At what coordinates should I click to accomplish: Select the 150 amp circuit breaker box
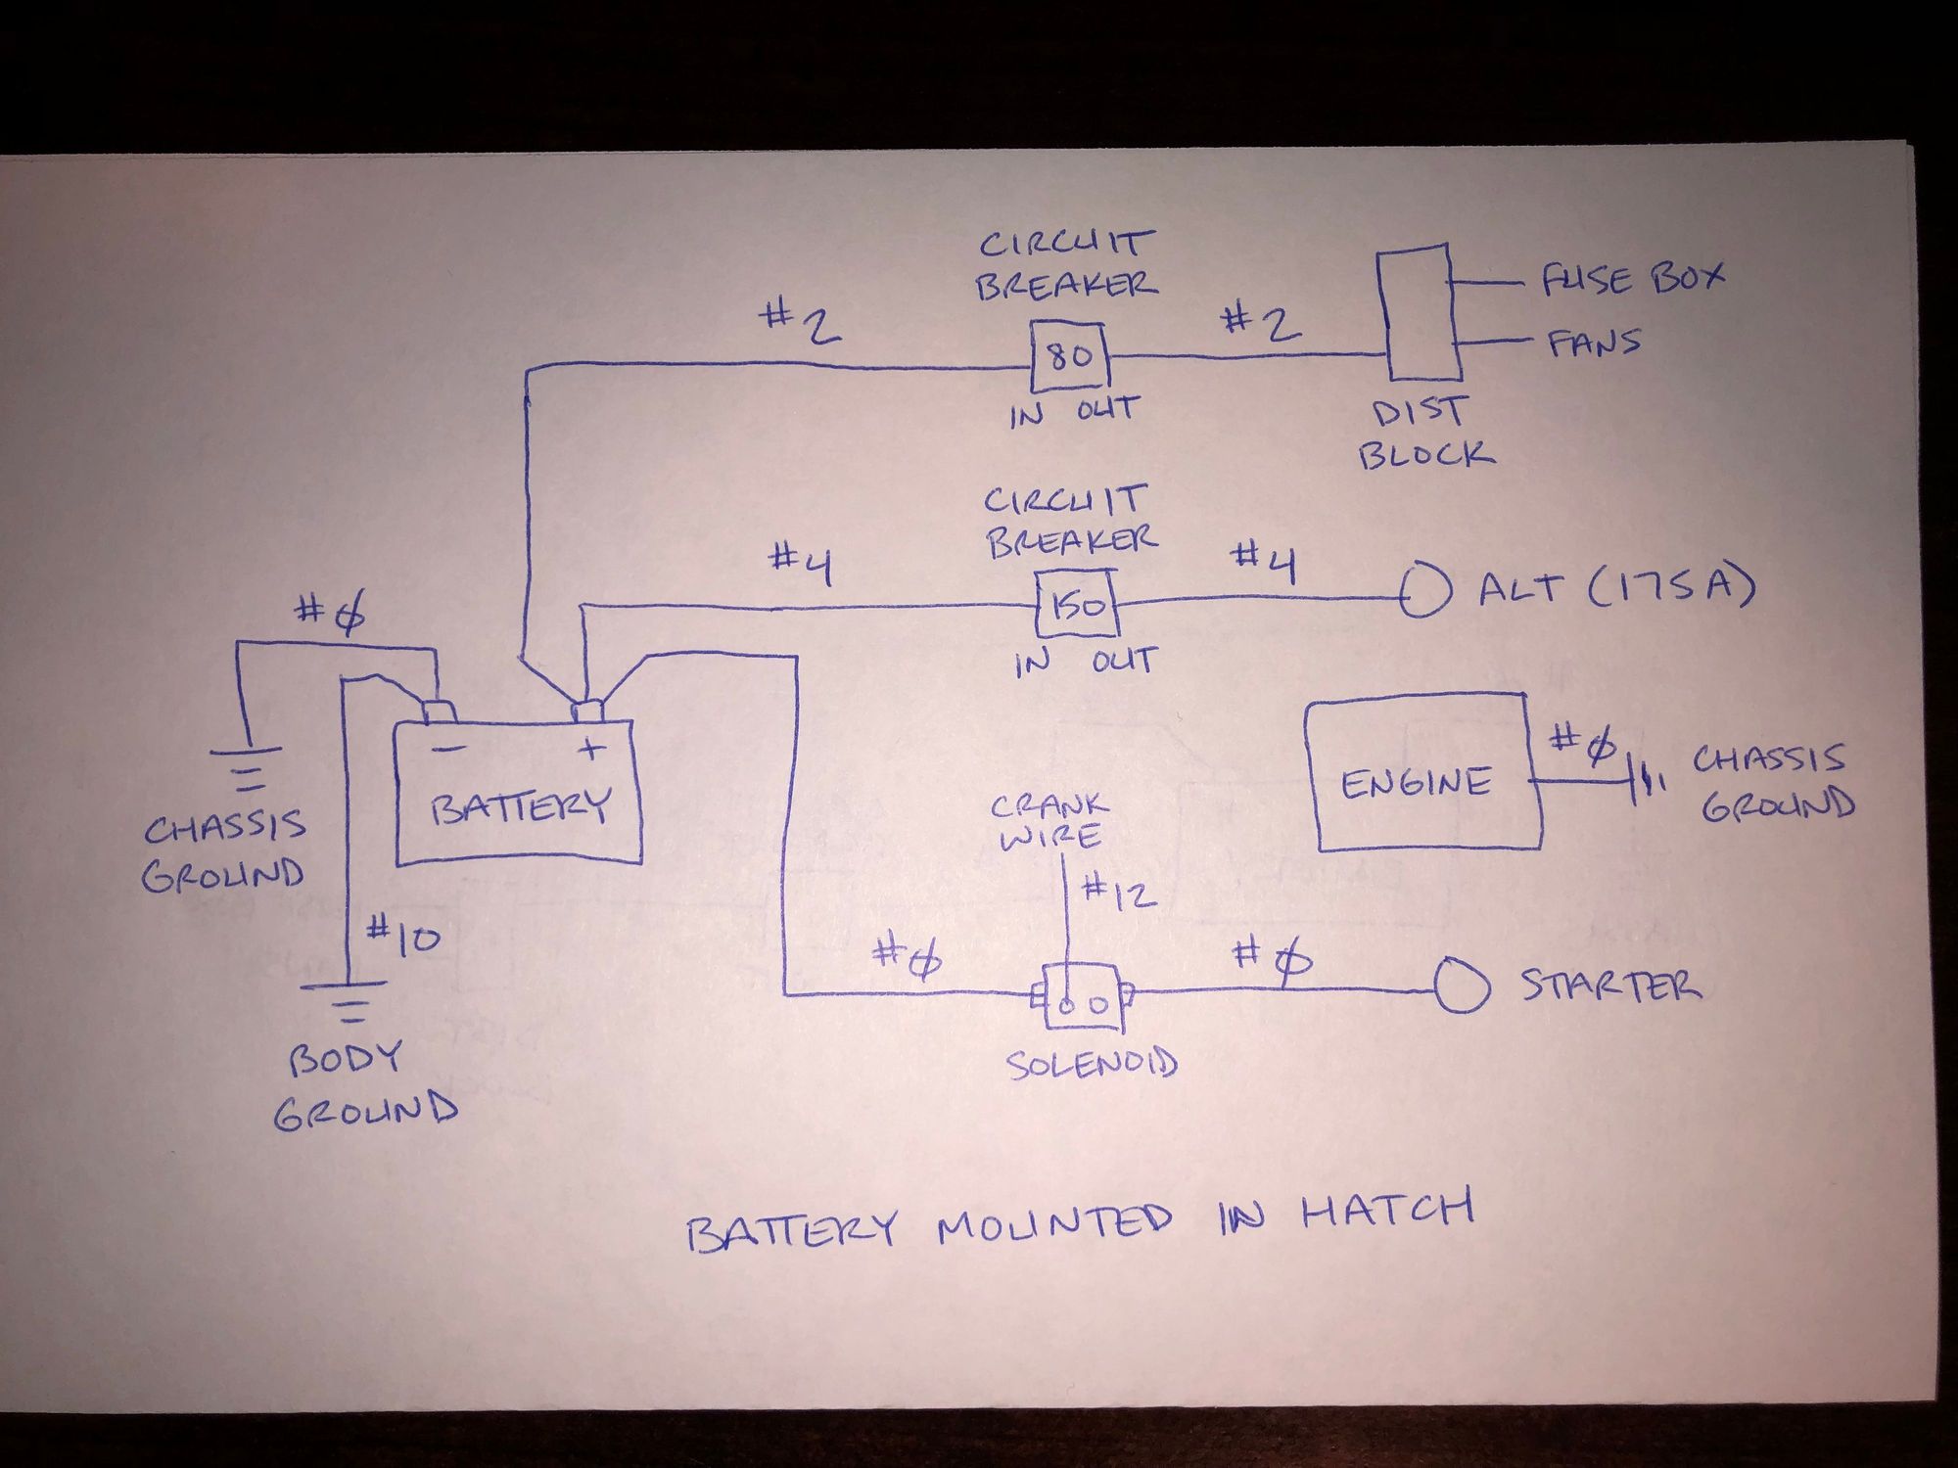pyautogui.click(x=1078, y=606)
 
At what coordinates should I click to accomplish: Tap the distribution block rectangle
pyautogui.click(x=1419, y=312)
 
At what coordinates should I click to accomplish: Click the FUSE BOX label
pyautogui.click(x=1632, y=279)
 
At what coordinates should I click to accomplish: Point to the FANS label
pyautogui.click(x=1594, y=344)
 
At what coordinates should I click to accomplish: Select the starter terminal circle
pyautogui.click(x=1462, y=987)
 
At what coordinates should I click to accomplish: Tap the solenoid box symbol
pyautogui.click(x=1082, y=997)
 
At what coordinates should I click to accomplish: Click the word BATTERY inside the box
pyautogui.click(x=520, y=806)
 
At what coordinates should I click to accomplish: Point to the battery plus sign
pyautogui.click(x=590, y=750)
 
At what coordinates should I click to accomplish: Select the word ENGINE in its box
pyautogui.click(x=1416, y=782)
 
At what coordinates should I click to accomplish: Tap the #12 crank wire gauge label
pyautogui.click(x=1119, y=893)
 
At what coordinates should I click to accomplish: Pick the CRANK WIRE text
pyautogui.click(x=1049, y=820)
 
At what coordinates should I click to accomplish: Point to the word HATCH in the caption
pyautogui.click(x=1387, y=1212)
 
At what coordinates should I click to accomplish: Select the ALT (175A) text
pyautogui.click(x=1615, y=587)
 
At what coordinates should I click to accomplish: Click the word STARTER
pyautogui.click(x=1610, y=985)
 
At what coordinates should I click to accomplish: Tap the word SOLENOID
pyautogui.click(x=1092, y=1063)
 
